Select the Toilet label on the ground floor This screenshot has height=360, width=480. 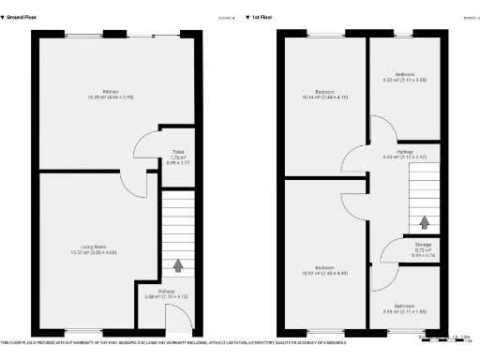pos(176,155)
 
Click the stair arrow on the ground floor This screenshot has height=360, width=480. pos(176,265)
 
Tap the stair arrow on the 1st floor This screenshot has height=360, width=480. pos(424,222)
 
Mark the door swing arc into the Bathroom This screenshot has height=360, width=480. pos(382,277)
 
